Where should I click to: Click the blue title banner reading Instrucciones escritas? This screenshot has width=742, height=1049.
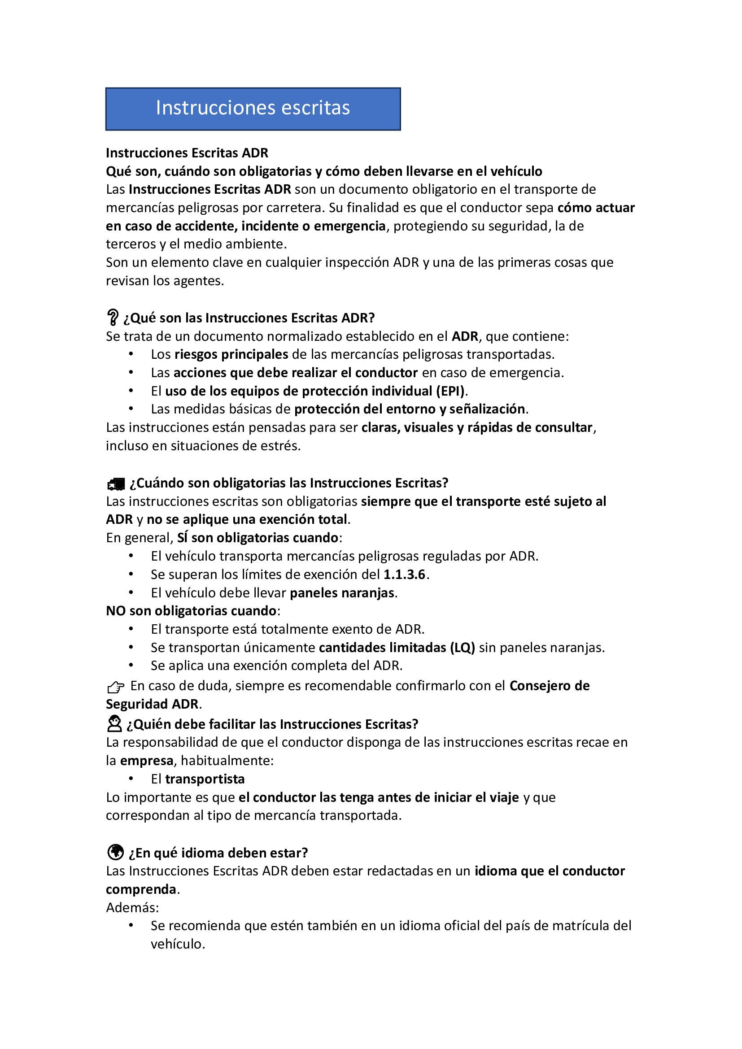pos(253,109)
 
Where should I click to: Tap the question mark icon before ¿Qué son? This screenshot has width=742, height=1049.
pos(112,317)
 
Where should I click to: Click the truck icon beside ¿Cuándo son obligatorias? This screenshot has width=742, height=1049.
pos(116,484)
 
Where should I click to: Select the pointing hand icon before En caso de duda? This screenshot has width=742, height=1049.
pos(116,687)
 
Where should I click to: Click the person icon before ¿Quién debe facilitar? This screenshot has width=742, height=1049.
pos(114,724)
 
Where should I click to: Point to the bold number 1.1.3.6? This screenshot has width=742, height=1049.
pos(404,575)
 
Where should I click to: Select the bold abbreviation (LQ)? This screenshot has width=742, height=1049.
pos(463,648)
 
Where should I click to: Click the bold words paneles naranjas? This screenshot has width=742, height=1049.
pos(342,593)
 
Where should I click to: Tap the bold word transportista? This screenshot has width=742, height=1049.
pos(205,779)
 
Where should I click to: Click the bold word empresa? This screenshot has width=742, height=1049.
pos(146,761)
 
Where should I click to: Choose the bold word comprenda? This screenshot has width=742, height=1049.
pos(141,889)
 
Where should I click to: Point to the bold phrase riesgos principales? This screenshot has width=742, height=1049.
pos(231,355)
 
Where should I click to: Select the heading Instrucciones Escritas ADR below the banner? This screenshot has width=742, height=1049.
pos(187,152)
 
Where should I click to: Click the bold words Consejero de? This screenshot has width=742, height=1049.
pos(549,686)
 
